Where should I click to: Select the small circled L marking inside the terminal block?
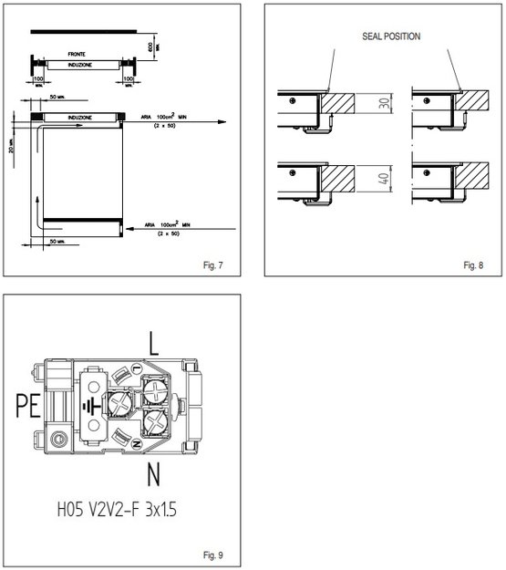[x=135, y=368]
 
